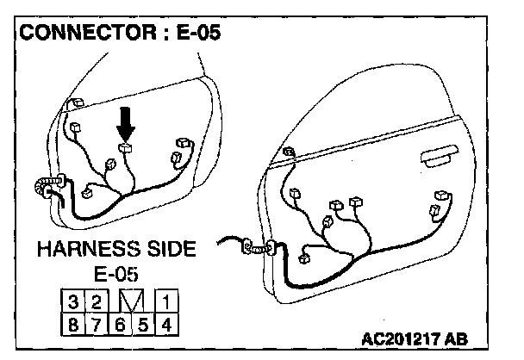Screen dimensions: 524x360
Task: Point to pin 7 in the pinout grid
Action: point(97,326)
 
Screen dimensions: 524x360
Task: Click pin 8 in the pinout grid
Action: point(76,326)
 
